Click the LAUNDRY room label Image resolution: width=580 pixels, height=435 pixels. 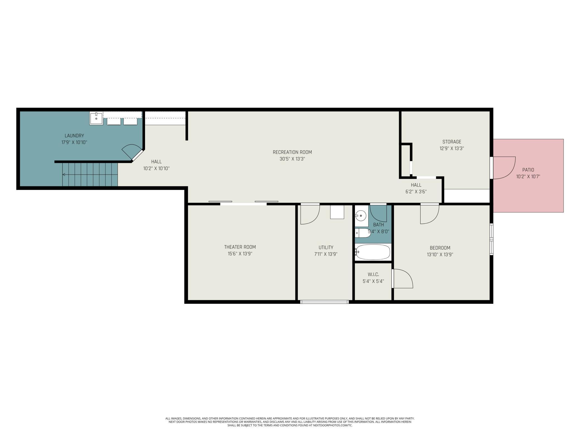click(x=74, y=136)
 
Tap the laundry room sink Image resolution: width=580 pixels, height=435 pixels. click(x=96, y=118)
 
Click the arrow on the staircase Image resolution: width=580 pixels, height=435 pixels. click(x=64, y=175)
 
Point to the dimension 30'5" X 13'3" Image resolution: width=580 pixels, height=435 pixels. click(x=292, y=159)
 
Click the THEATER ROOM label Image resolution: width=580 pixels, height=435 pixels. click(x=240, y=247)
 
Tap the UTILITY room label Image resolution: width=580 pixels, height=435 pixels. click(x=326, y=247)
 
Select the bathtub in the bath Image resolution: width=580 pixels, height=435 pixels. click(x=373, y=252)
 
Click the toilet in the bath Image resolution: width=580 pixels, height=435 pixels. click(x=362, y=233)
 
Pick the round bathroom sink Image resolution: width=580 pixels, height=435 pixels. click(x=361, y=216)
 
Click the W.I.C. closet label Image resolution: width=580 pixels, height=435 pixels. click(x=373, y=274)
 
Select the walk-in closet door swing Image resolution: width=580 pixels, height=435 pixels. click(x=403, y=279)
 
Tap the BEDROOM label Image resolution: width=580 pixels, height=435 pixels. click(x=440, y=248)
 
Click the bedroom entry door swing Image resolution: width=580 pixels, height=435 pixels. click(x=430, y=214)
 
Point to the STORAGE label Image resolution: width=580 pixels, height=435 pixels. click(x=452, y=142)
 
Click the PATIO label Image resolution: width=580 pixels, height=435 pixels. click(x=528, y=170)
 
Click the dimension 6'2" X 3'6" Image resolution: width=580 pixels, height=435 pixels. click(x=416, y=192)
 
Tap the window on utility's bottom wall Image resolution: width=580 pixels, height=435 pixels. click(x=324, y=302)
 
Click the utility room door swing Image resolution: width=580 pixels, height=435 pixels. click(x=310, y=215)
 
